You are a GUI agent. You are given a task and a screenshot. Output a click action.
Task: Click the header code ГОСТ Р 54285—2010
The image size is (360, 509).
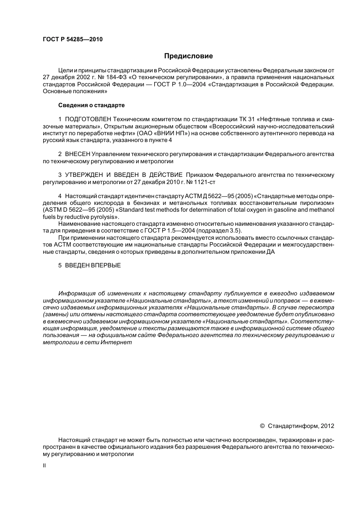point(73,39)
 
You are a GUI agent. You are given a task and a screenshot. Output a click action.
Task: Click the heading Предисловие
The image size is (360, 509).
point(188,56)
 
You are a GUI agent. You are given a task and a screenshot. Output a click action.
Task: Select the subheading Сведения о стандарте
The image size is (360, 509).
point(91,105)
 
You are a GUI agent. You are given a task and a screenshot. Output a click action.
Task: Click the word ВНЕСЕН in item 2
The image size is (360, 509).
point(78,154)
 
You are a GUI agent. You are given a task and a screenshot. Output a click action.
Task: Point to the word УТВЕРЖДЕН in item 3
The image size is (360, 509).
point(84,175)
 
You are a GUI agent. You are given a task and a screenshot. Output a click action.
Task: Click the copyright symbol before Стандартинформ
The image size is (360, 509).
point(262,426)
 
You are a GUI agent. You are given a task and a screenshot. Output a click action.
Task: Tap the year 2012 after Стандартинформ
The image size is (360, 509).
point(327,426)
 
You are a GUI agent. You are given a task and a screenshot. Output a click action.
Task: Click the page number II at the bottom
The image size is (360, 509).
point(44,465)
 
